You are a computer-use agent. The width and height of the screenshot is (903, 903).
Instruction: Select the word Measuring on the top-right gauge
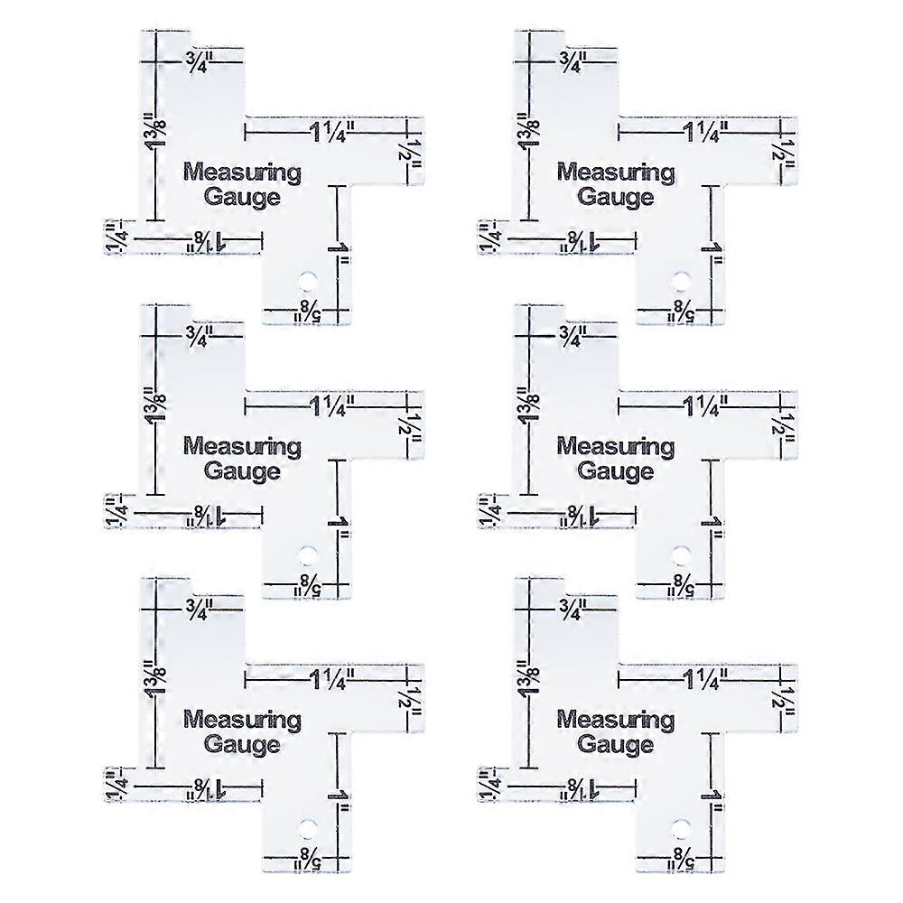(616, 172)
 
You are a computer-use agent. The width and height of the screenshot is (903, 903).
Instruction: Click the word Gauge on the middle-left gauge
(242, 470)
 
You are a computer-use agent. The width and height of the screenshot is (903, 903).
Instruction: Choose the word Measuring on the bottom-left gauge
(242, 720)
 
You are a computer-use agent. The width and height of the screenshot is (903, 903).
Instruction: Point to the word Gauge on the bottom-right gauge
(616, 745)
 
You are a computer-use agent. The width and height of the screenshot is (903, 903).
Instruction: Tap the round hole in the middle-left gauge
(308, 550)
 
